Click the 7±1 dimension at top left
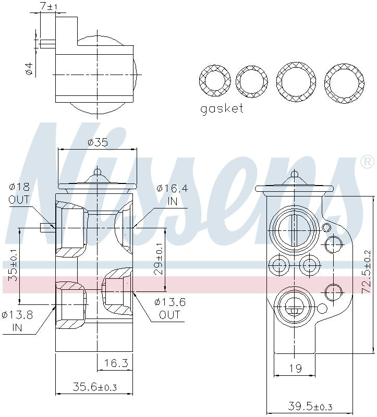click(49, 6)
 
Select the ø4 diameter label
click(29, 69)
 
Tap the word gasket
click(222, 109)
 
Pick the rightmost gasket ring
click(344, 81)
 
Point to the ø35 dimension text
click(98, 142)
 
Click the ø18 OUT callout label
click(19, 193)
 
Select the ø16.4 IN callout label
click(173, 195)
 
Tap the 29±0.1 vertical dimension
click(160, 259)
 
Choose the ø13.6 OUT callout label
click(170, 308)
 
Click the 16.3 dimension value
click(116, 363)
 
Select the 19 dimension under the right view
click(295, 369)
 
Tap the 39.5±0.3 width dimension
click(311, 406)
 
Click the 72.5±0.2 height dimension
click(367, 271)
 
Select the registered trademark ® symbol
click(367, 162)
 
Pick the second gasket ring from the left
click(251, 81)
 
